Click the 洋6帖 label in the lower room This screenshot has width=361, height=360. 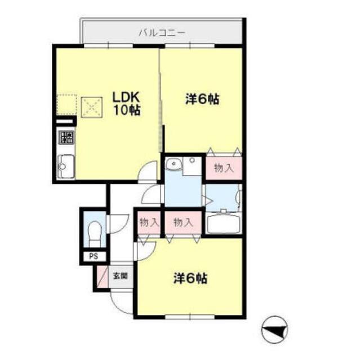point(190,278)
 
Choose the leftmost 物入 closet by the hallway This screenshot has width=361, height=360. point(148,222)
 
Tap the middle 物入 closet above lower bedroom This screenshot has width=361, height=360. point(183,222)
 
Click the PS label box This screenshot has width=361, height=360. point(92,256)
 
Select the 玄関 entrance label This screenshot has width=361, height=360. point(119,277)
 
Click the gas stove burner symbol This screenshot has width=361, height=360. point(66,137)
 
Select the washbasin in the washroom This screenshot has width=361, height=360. point(175,164)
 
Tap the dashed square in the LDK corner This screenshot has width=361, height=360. point(66,104)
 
